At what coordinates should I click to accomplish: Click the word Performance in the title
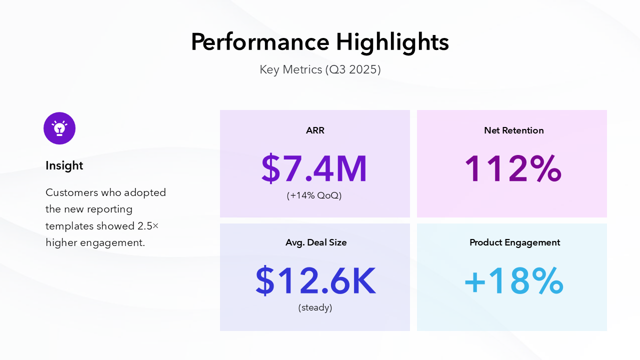[260, 42]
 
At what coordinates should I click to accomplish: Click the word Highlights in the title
[392, 42]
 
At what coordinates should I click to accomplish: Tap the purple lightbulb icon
[59, 128]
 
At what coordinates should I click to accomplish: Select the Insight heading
[64, 165]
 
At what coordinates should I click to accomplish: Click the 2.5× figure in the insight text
[148, 226]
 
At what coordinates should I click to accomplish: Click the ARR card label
[315, 130]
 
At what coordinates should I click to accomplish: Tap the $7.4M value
[314, 169]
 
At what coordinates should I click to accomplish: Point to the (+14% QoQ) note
[314, 195]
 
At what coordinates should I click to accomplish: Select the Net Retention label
[513, 130]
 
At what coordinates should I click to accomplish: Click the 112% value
[513, 169]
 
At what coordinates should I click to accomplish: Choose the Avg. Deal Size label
[316, 242]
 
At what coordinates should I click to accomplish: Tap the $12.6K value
[315, 281]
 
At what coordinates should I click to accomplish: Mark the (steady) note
[315, 307]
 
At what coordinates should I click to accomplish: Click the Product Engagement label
[514, 242]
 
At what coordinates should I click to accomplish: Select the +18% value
[513, 281]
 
